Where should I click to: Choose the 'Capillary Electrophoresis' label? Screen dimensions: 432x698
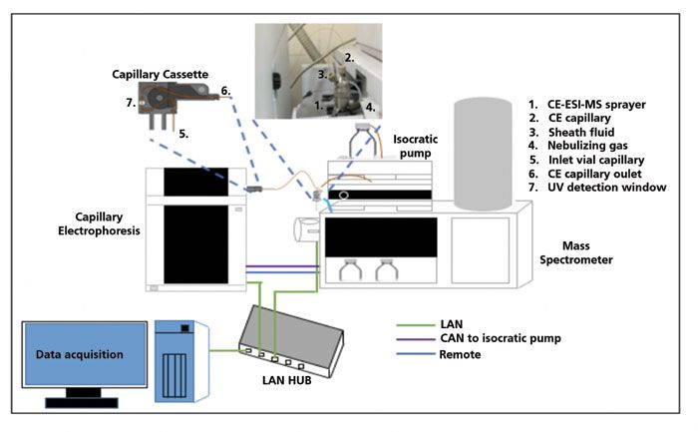[x=101, y=225]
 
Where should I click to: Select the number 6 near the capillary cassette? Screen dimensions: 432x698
[x=226, y=91]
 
